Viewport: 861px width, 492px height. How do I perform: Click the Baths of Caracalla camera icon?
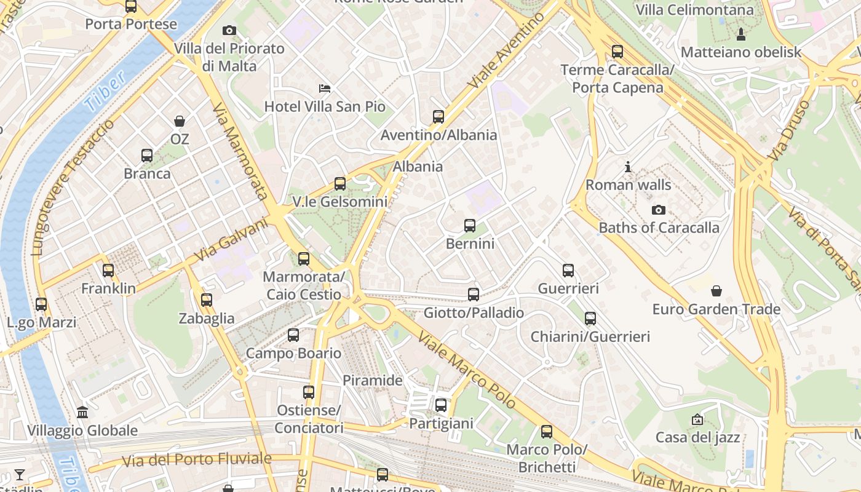(x=659, y=210)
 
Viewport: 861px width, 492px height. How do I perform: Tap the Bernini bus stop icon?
(x=470, y=226)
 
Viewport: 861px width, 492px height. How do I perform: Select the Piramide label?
(x=373, y=380)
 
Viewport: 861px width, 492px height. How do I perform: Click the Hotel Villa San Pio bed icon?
(x=325, y=89)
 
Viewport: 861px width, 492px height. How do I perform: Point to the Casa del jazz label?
(x=697, y=438)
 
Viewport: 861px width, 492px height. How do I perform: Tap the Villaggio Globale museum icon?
(x=82, y=413)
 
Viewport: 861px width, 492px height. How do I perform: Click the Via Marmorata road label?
(x=240, y=151)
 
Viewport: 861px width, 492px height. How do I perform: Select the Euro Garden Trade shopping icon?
(x=716, y=291)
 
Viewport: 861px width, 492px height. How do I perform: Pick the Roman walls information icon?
(x=628, y=167)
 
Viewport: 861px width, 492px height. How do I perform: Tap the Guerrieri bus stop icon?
(x=568, y=271)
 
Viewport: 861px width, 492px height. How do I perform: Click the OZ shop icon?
(x=180, y=121)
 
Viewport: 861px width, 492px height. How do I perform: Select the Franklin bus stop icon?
(x=108, y=271)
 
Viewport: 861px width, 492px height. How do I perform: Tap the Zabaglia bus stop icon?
(x=207, y=300)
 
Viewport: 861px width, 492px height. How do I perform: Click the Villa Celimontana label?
(x=694, y=10)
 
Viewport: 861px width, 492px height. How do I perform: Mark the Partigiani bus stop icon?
(x=441, y=405)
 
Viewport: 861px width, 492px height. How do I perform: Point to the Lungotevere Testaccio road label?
(x=72, y=188)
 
